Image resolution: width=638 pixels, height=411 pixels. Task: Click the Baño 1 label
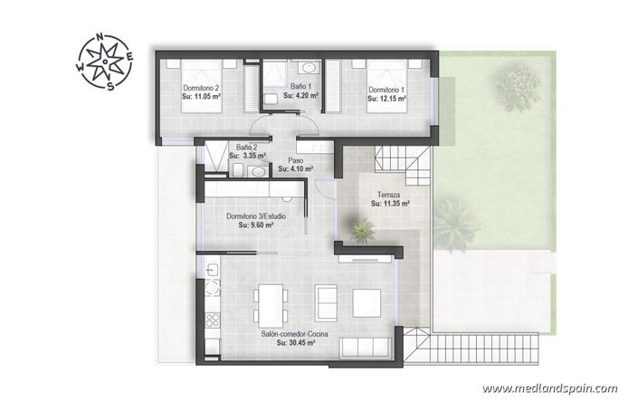[295, 86]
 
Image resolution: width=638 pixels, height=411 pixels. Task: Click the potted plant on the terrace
[362, 232]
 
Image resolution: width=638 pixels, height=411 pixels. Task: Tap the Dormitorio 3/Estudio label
[256, 216]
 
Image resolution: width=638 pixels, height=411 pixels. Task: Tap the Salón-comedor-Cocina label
[294, 335]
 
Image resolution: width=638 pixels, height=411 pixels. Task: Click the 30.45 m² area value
[294, 344]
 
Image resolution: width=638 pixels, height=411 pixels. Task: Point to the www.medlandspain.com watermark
[549, 388]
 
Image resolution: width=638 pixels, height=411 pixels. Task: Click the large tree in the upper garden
[517, 87]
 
